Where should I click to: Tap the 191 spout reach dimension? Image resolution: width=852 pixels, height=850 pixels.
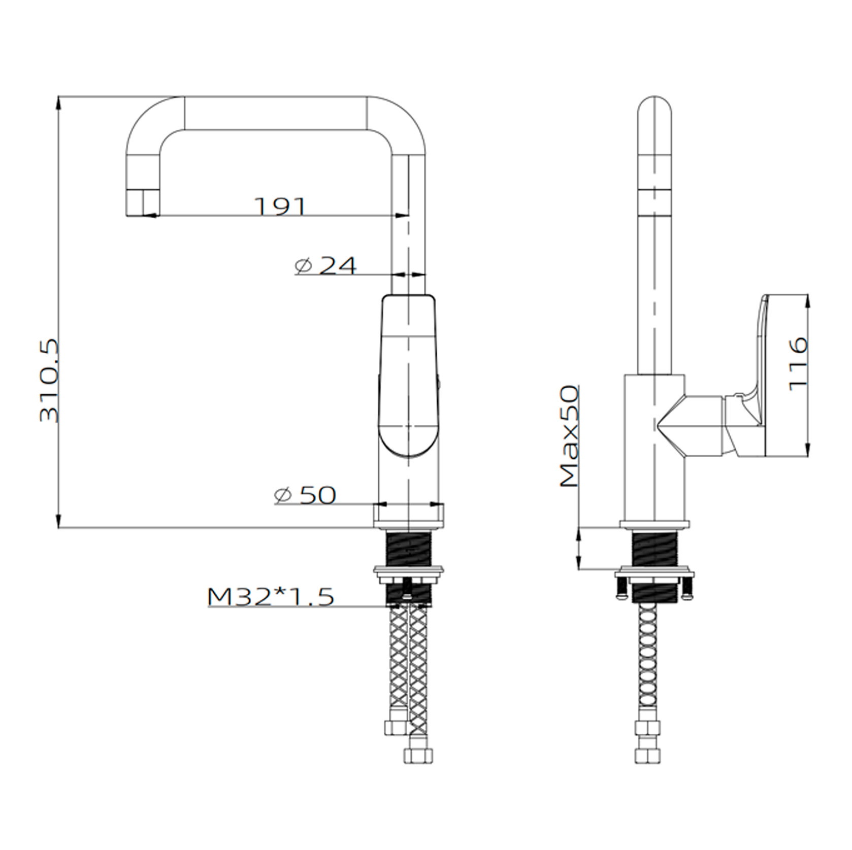(280, 206)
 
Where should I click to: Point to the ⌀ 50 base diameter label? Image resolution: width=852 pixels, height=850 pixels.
(305, 495)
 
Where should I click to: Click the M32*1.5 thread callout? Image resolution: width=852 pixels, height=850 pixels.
(271, 597)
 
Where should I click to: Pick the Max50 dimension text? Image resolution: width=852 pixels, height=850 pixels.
(569, 436)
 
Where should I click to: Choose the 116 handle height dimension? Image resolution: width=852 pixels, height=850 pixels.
(798, 363)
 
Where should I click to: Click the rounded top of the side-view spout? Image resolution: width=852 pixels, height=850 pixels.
(654, 109)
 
